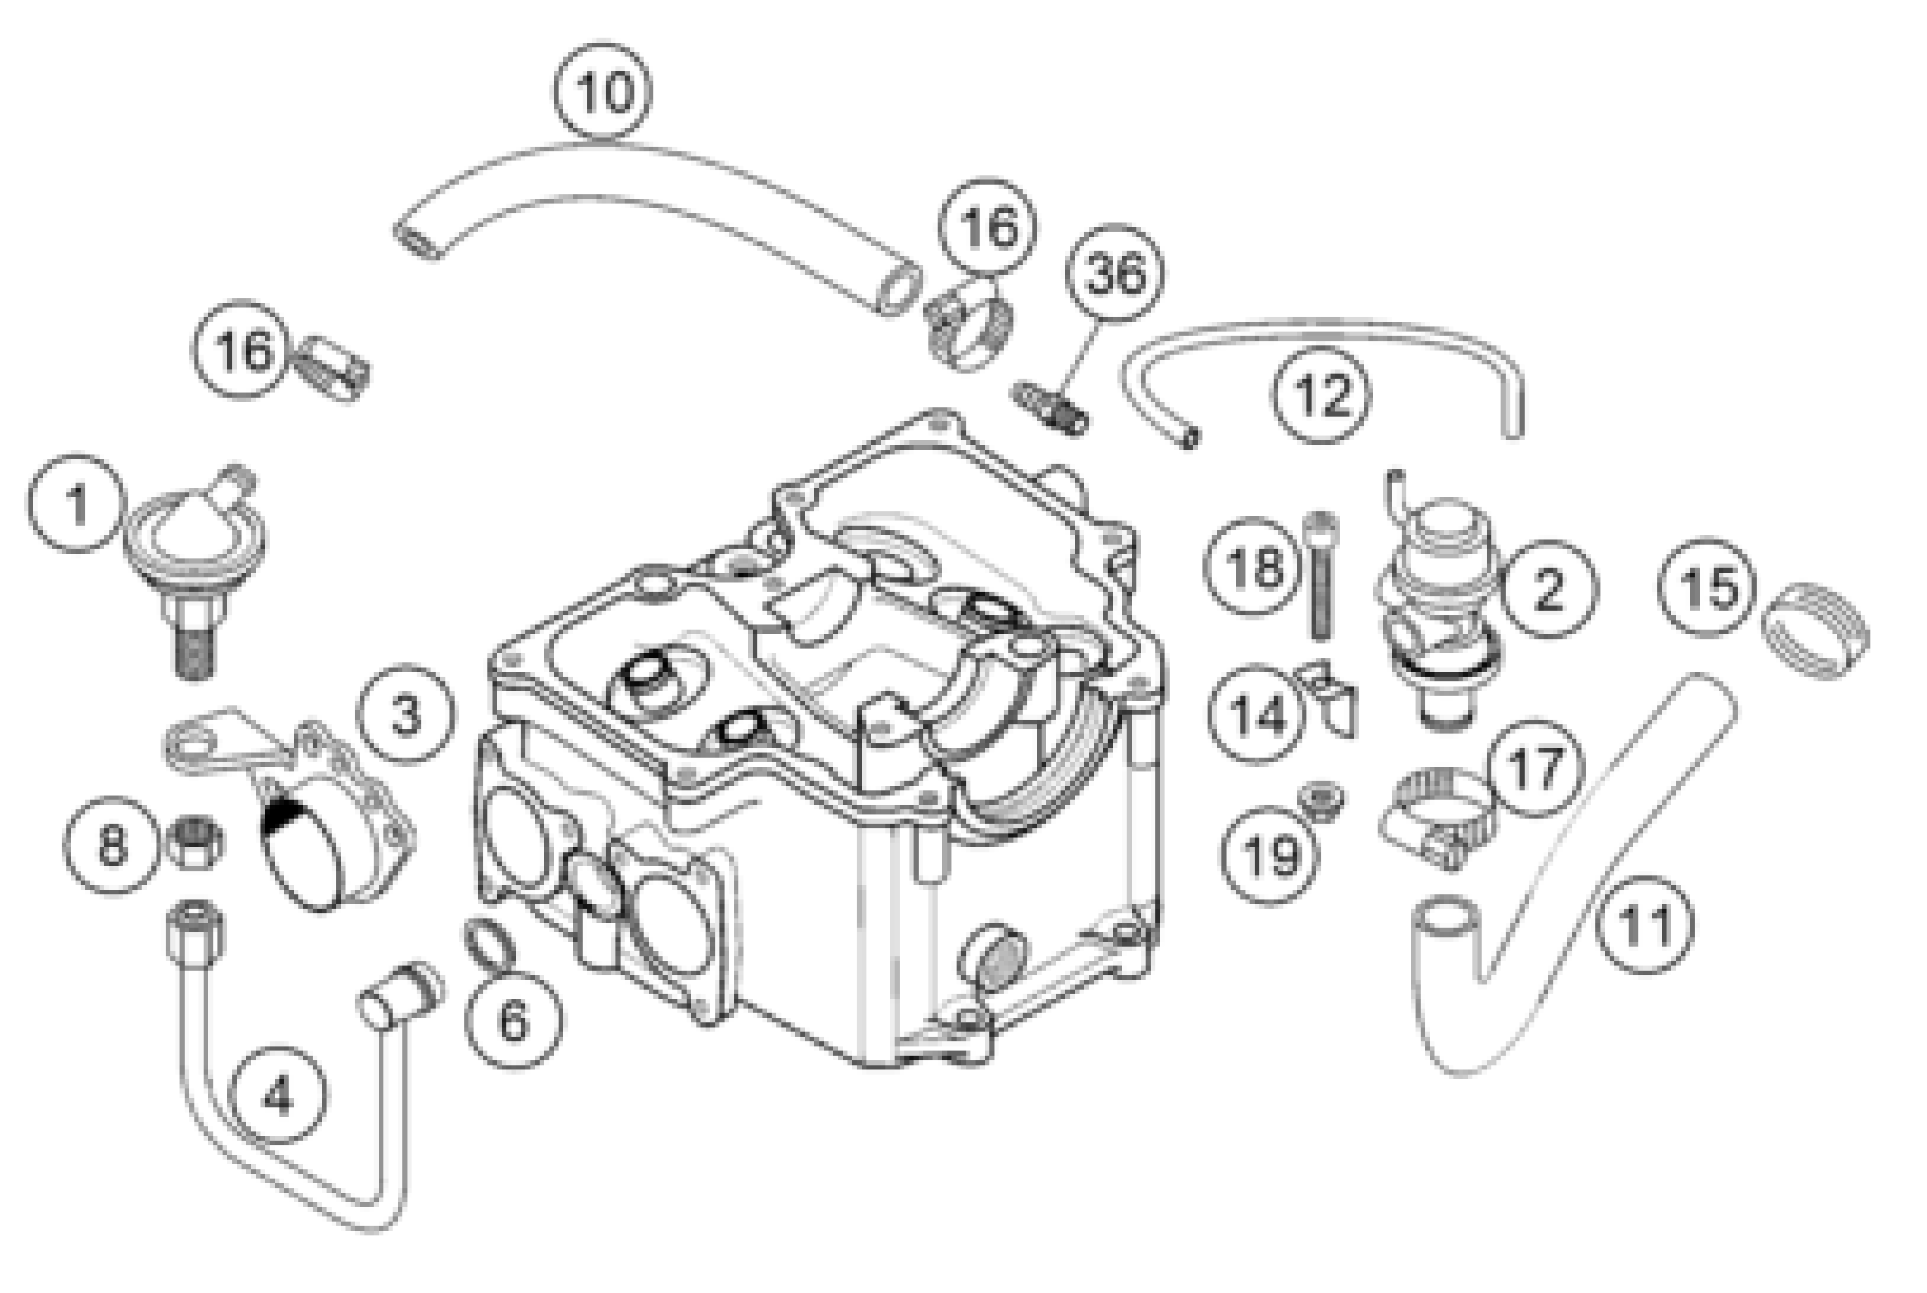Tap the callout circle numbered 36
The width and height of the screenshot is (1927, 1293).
coord(1115,273)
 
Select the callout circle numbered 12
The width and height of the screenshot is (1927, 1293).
coord(1322,394)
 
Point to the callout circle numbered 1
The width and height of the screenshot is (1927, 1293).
coord(77,503)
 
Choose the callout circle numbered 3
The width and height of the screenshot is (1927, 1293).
coord(405,714)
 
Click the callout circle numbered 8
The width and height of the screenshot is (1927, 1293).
coord(112,845)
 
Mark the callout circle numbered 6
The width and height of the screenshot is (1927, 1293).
coord(514,1021)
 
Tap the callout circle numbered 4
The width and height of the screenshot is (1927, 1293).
coord(278,1096)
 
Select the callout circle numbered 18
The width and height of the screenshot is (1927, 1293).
coord(1252,567)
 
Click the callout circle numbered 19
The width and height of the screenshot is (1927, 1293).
coord(1269,856)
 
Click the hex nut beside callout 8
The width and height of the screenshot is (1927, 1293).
coord(194,841)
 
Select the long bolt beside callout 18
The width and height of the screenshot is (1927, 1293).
coord(1320,577)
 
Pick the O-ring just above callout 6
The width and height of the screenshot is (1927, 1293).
coord(490,942)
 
